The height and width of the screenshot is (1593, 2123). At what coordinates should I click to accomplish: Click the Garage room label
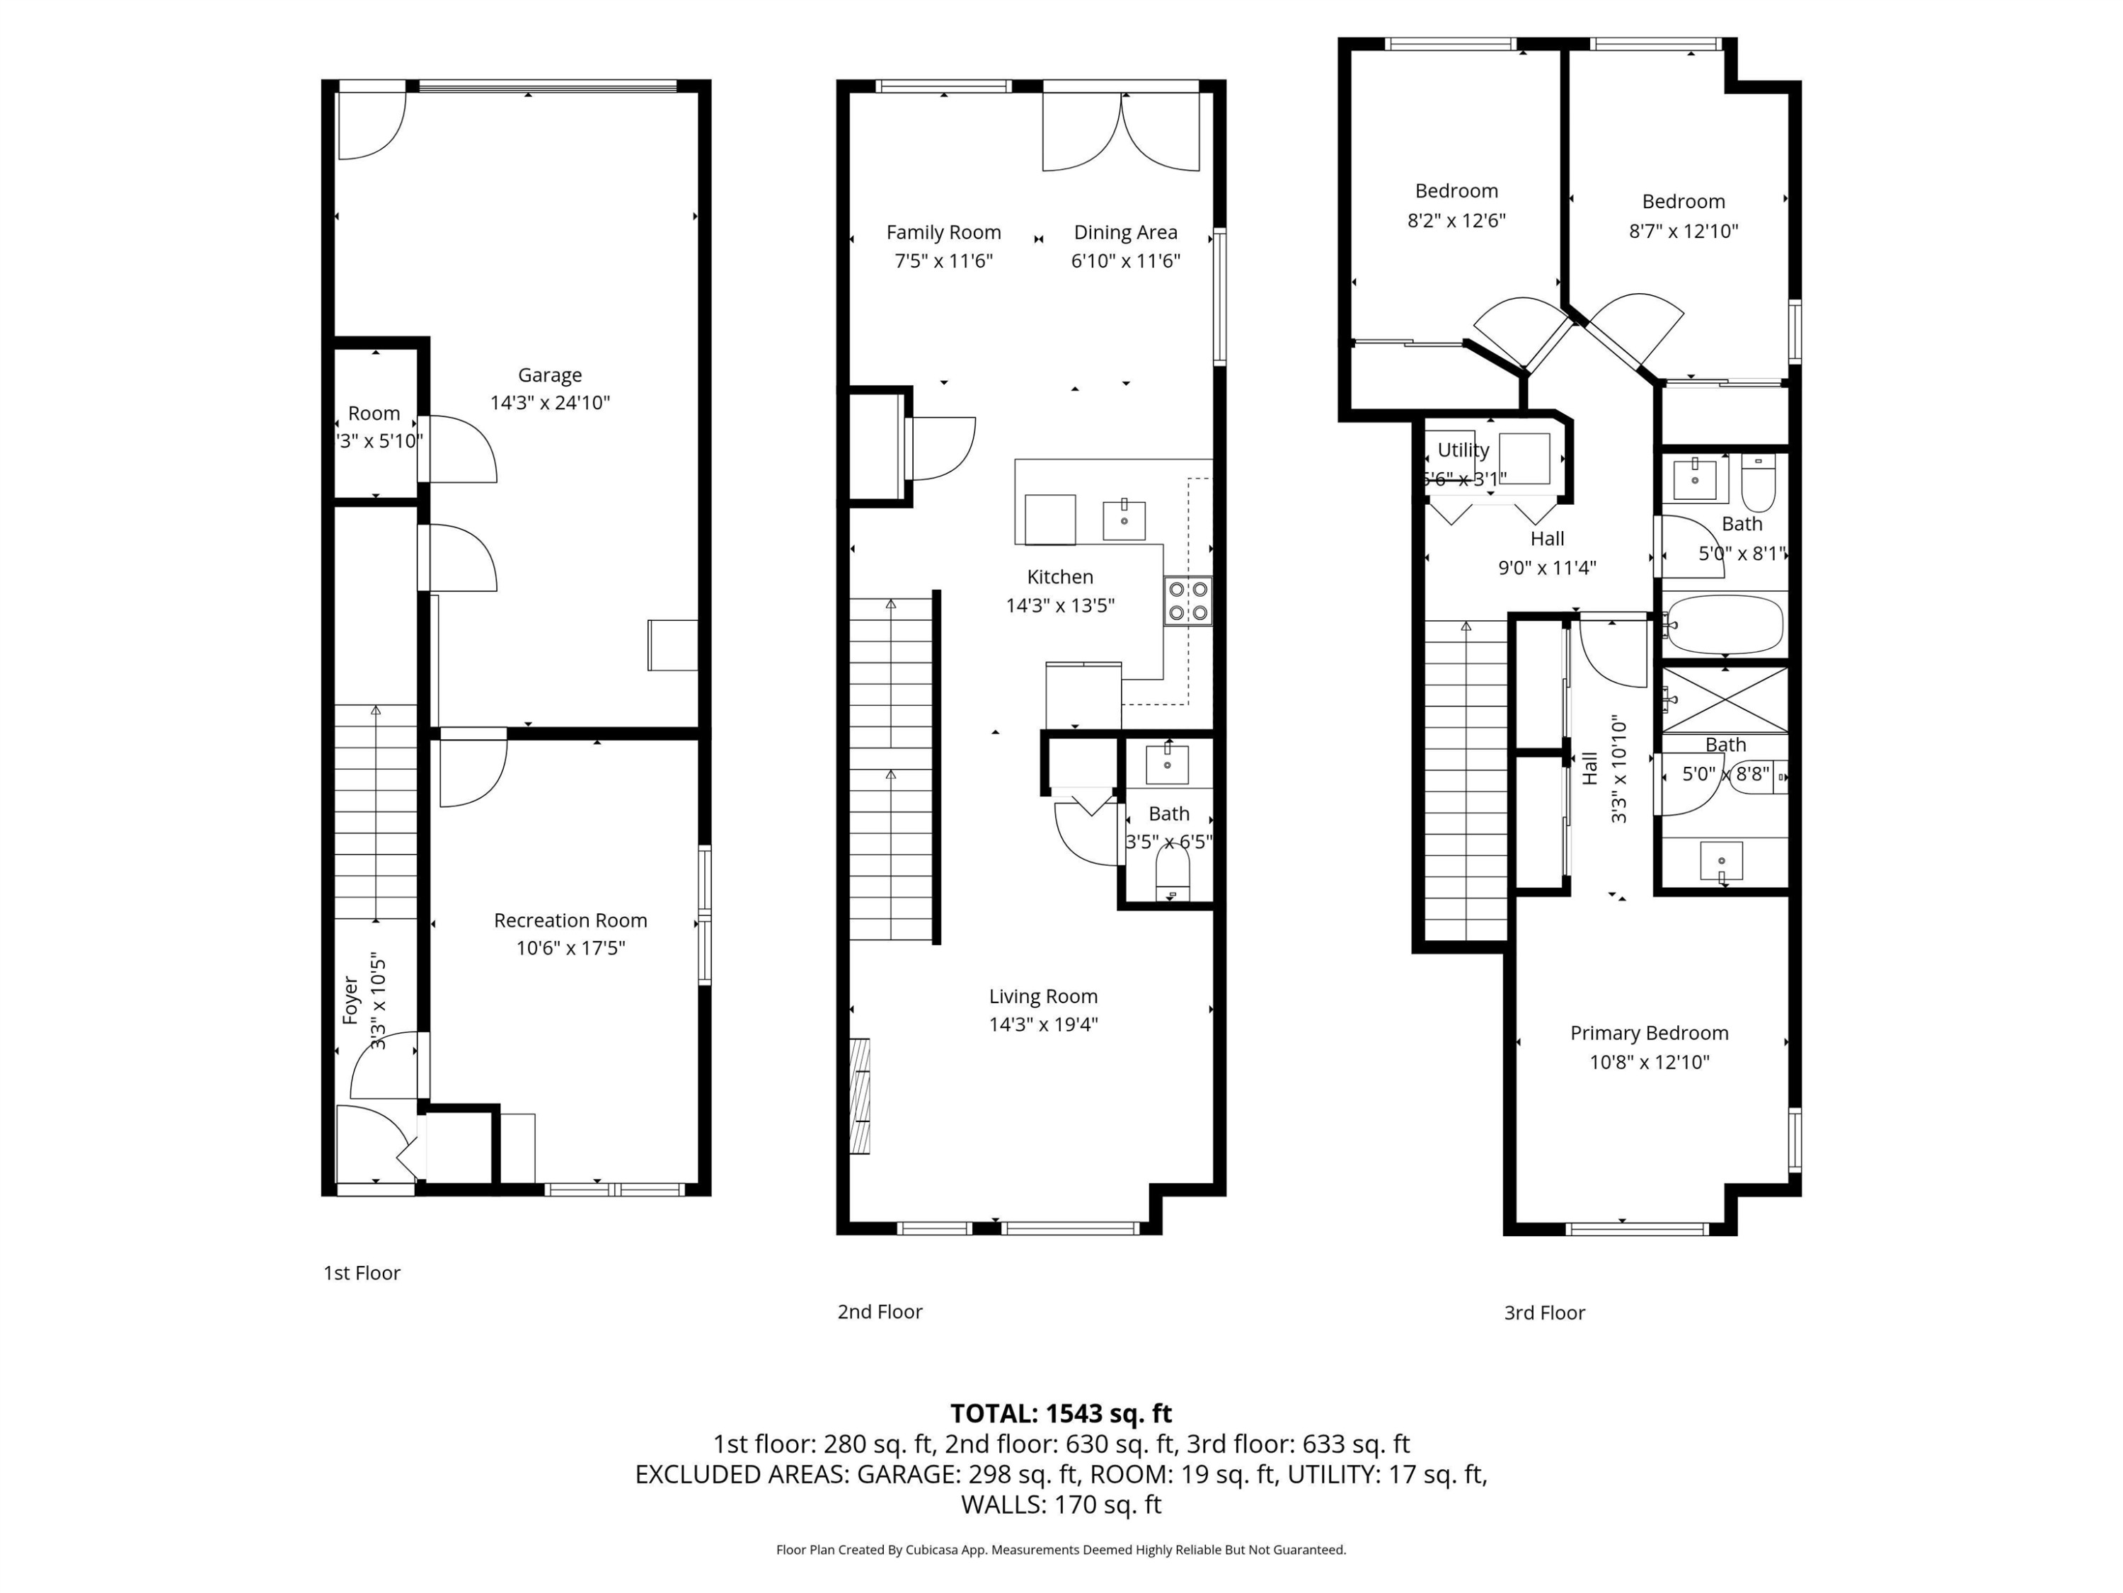click(x=549, y=375)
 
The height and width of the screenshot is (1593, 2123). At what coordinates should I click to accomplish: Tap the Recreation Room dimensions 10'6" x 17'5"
click(x=570, y=948)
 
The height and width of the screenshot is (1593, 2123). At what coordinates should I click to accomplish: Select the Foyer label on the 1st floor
click(x=350, y=1000)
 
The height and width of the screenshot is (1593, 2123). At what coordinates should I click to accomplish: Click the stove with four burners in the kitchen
click(x=1187, y=601)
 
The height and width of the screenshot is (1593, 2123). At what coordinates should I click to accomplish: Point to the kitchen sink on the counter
click(x=1123, y=520)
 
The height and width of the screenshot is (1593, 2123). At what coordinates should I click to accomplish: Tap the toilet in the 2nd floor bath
click(x=1172, y=873)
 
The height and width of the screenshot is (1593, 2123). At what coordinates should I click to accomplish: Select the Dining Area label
click(x=1125, y=232)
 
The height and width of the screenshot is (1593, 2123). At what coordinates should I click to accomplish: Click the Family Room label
click(x=943, y=232)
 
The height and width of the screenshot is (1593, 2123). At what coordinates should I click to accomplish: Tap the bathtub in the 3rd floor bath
click(x=1724, y=625)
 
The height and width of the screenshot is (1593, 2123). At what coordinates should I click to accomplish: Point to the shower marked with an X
click(x=1724, y=699)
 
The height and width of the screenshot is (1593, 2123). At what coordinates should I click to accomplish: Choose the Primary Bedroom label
click(x=1649, y=1033)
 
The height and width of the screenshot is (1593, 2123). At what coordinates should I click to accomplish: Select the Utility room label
click(x=1463, y=450)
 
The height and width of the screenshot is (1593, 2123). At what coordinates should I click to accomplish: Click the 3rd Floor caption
click(x=1543, y=1313)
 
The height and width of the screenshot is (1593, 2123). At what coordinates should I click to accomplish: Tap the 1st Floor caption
click(x=361, y=1272)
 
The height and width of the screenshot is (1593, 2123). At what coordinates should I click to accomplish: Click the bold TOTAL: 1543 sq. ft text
click(x=1061, y=1413)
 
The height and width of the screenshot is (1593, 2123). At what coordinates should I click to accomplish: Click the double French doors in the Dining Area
click(x=1120, y=132)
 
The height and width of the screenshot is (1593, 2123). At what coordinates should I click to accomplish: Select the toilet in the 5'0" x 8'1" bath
click(x=1759, y=483)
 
